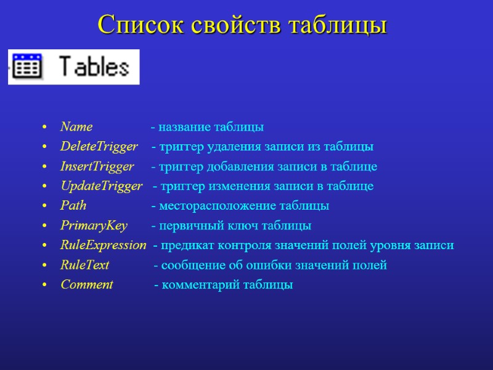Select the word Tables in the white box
(93, 67)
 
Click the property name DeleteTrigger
(99, 147)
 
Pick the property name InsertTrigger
(97, 167)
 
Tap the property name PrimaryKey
(94, 226)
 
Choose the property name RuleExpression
(103, 245)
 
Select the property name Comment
(87, 285)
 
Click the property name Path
(73, 206)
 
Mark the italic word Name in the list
(76, 128)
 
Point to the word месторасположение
(216, 206)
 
